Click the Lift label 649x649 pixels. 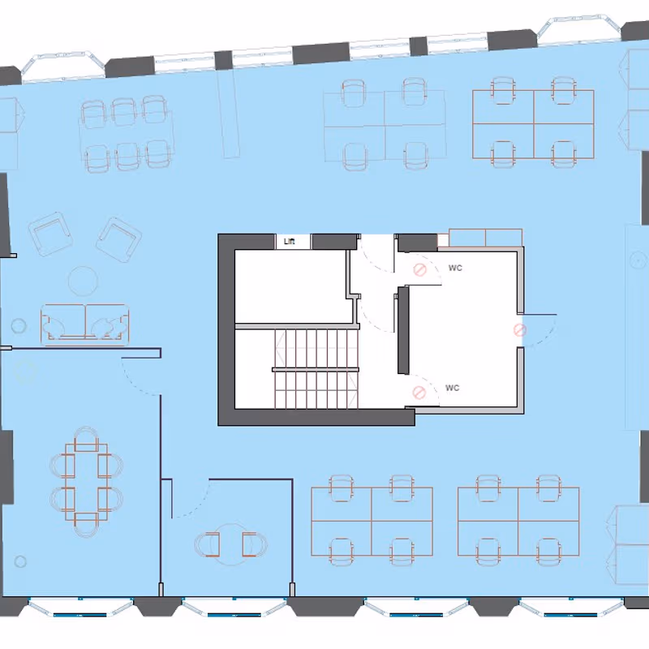click(290, 241)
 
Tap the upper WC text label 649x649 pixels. click(455, 269)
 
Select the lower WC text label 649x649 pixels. click(453, 389)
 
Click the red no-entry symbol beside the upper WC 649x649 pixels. click(419, 270)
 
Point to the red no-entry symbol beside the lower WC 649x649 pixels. click(419, 393)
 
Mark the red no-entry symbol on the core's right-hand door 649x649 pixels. click(520, 330)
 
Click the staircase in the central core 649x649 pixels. click(316, 368)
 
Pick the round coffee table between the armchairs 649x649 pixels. click(84, 281)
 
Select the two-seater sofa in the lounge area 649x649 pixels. click(85, 324)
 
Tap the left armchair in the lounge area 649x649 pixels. click(51, 234)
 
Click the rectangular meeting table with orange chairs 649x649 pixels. click(87, 482)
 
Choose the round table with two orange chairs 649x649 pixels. click(231, 544)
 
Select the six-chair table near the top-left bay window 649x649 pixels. click(127, 133)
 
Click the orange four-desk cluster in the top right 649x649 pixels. click(533, 123)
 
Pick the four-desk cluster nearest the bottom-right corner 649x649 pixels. click(518, 521)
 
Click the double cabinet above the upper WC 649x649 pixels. click(485, 238)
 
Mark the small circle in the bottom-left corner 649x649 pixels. click(20, 561)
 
